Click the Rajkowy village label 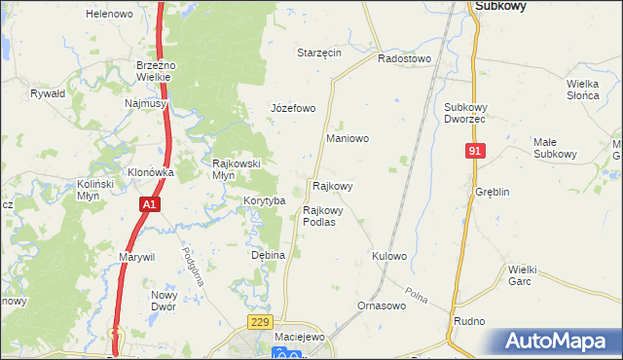click(x=332, y=185)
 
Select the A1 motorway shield click(x=148, y=205)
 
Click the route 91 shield click(x=475, y=151)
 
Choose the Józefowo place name click(x=293, y=108)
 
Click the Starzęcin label click(x=319, y=53)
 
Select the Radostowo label click(x=404, y=58)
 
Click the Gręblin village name click(x=493, y=192)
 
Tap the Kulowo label click(x=388, y=256)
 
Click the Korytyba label click(x=264, y=200)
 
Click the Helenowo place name click(x=109, y=15)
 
